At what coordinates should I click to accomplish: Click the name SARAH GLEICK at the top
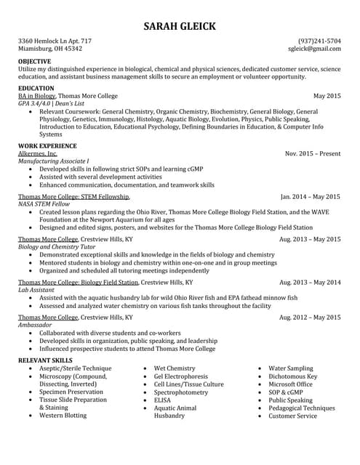[180, 26]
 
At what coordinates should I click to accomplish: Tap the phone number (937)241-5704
[319, 41]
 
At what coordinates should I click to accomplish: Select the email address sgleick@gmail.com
[314, 49]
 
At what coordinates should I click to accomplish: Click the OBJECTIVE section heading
[34, 62]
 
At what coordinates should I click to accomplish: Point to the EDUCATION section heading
[36, 88]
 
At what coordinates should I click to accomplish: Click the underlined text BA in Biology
[37, 96]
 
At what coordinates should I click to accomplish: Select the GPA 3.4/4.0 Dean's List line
[52, 104]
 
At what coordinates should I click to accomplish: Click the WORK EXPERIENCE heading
[47, 146]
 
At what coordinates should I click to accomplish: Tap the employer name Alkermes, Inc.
[38, 154]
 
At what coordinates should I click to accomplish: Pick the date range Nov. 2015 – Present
[312, 154]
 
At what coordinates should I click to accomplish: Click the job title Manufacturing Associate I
[53, 161]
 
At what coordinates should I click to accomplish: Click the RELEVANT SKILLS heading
[45, 360]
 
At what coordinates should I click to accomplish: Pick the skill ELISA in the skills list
[161, 400]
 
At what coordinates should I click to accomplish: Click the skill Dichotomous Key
[292, 376]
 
